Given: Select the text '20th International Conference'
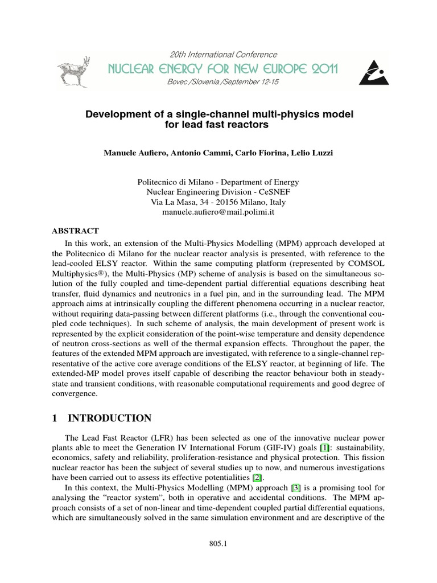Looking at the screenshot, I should tap(224, 55).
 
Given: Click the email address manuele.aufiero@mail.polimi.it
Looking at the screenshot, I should tap(218, 212).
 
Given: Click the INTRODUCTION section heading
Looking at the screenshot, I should tap(109, 418).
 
